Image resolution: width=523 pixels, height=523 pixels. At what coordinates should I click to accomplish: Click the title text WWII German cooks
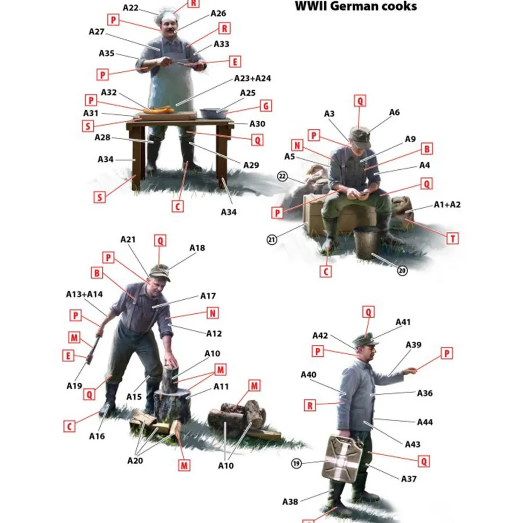pyautogui.click(x=356, y=6)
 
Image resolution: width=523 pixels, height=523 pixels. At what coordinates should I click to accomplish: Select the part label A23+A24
pyautogui.click(x=252, y=78)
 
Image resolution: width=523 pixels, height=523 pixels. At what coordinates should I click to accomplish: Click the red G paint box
pyautogui.click(x=266, y=106)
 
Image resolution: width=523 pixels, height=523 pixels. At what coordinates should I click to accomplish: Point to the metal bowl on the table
pyautogui.click(x=214, y=113)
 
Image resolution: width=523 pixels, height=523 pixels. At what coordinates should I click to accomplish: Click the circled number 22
pyautogui.click(x=283, y=176)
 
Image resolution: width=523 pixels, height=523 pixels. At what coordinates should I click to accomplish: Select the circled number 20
pyautogui.click(x=402, y=271)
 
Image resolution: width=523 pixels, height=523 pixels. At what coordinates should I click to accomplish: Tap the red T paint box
pyautogui.click(x=452, y=239)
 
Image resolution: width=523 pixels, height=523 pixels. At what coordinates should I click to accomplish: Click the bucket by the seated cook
pyautogui.click(x=366, y=242)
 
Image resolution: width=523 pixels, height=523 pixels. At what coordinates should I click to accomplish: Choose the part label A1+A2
pyautogui.click(x=447, y=205)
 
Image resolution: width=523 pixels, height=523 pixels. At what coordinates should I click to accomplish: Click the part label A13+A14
pyautogui.click(x=85, y=294)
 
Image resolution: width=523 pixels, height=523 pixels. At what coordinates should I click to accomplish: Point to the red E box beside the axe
pyautogui.click(x=68, y=355)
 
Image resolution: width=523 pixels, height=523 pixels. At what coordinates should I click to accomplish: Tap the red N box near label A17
pyautogui.click(x=213, y=313)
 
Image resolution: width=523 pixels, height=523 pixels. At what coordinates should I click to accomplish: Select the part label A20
pyautogui.click(x=135, y=460)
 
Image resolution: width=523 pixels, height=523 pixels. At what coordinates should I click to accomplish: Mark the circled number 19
pyautogui.click(x=296, y=463)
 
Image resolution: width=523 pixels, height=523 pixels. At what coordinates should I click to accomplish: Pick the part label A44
pyautogui.click(x=425, y=422)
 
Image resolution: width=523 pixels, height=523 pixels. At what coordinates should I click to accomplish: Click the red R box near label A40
pyautogui.click(x=310, y=405)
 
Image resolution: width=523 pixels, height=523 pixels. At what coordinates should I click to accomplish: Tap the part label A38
pyautogui.click(x=290, y=501)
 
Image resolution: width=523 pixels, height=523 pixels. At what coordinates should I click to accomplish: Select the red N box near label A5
pyautogui.click(x=297, y=146)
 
